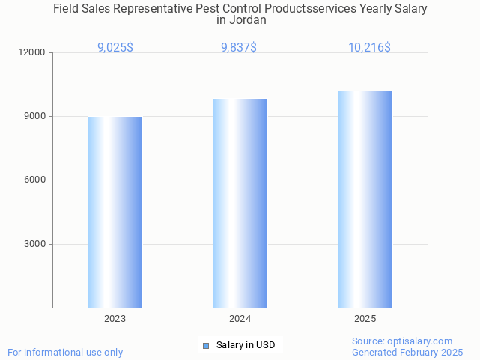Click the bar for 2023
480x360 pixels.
[115, 212]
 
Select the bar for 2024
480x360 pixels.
[240, 203]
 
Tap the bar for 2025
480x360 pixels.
[365, 199]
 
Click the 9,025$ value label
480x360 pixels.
[115, 48]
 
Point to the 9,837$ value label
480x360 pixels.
[239, 48]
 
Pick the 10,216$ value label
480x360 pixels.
[369, 48]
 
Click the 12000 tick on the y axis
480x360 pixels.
[33, 52]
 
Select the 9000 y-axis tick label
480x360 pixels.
[35, 116]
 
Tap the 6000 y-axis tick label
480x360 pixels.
[35, 180]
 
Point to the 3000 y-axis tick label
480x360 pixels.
[35, 244]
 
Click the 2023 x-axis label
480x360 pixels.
[115, 319]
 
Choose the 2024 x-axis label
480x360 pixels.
[240, 319]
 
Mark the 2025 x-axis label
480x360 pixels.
[365, 319]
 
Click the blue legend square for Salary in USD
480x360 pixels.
[206, 345]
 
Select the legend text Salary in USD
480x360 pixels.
[246, 345]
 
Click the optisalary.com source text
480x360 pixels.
[402, 341]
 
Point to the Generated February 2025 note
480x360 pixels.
[407, 352]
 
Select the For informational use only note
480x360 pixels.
[65, 352]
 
